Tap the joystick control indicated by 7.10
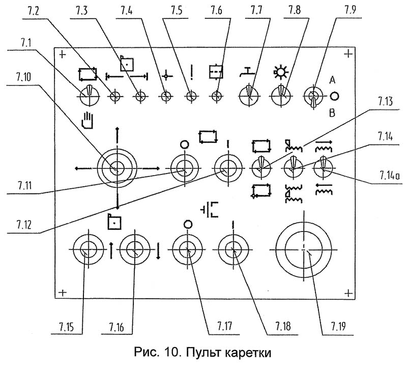coord(117,168)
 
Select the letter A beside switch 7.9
coord(332,81)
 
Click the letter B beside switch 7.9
coord(332,113)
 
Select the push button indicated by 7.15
coord(88,251)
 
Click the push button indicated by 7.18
coord(232,250)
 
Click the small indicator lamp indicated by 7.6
coord(217,95)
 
